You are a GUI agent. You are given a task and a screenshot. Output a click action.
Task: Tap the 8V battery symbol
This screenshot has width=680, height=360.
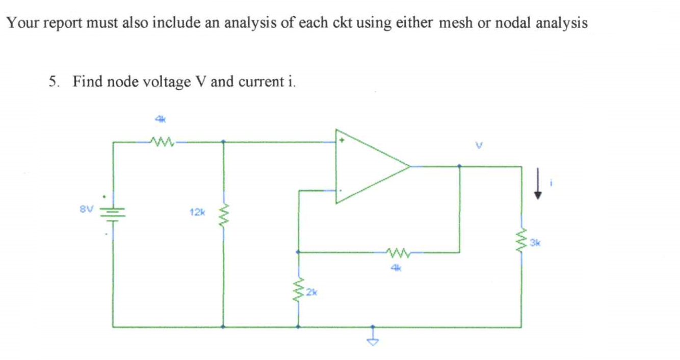coord(113,214)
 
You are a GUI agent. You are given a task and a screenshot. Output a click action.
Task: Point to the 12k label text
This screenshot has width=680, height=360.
coord(196,212)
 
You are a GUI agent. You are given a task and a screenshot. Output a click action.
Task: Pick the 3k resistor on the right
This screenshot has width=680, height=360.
coord(521,240)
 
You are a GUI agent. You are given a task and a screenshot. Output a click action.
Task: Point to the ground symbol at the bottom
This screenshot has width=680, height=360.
coord(374,340)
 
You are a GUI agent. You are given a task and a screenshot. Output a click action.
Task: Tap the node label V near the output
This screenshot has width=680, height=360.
coord(478,145)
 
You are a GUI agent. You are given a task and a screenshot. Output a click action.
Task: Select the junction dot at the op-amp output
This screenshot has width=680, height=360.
coord(460,166)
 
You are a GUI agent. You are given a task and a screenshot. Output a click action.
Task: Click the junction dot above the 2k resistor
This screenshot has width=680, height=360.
coord(298,252)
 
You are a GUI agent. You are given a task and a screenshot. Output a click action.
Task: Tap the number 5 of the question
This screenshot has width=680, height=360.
coord(52,81)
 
